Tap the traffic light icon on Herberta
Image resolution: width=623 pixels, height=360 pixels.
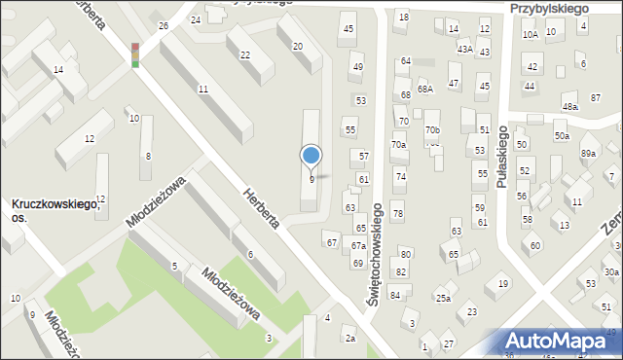[135, 54]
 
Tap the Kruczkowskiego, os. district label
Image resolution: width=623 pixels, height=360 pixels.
[54, 210]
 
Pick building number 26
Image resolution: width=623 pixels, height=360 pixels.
[164, 25]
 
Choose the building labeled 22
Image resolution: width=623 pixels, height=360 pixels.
[244, 54]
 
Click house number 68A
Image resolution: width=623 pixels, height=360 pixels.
[424, 89]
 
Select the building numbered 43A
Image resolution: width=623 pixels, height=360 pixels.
[465, 49]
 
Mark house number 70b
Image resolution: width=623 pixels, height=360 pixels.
[432, 129]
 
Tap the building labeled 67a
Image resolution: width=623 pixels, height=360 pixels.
[358, 247]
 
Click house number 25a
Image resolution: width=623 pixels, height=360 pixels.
[443, 298]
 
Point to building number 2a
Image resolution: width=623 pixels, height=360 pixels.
[349, 339]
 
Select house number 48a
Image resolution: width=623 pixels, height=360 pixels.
[569, 106]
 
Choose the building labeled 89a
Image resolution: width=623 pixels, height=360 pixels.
[588, 154]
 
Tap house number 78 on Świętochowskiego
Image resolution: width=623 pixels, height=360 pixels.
[397, 213]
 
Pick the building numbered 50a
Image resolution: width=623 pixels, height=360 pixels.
[562, 136]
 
